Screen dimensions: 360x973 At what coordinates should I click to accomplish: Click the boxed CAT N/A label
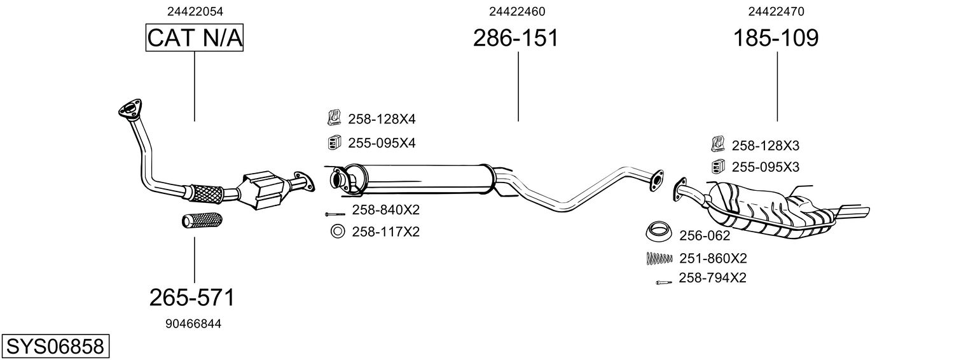click(x=194, y=39)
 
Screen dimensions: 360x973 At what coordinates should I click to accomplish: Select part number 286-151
click(x=516, y=39)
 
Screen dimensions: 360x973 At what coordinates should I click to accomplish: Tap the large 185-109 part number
click(x=776, y=39)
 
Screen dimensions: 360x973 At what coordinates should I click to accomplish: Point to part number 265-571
click(x=192, y=297)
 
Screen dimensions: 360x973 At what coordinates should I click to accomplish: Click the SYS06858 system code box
click(x=55, y=347)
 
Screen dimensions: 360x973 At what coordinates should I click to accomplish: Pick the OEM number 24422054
click(x=195, y=11)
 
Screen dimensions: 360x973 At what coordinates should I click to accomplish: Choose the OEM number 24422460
click(x=517, y=11)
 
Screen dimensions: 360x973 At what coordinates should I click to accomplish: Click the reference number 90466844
click(x=193, y=324)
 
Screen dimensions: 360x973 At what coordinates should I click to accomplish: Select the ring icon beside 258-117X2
click(x=337, y=232)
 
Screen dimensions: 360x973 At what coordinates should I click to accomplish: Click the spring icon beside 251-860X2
click(x=659, y=258)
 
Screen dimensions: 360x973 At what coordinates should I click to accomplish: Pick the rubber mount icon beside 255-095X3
click(x=718, y=167)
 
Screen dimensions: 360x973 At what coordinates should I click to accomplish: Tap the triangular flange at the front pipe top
click(x=129, y=109)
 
